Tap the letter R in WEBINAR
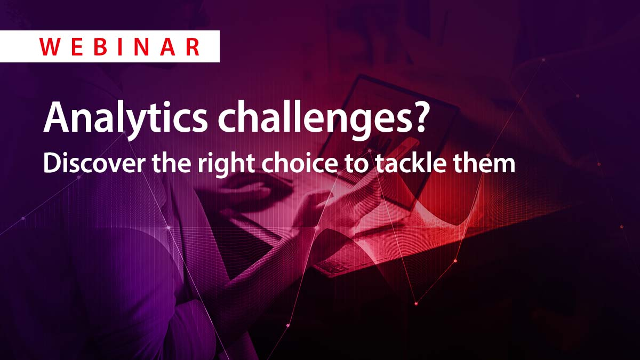click(191, 47)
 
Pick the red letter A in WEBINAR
click(167, 47)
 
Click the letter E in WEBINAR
click(77, 47)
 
